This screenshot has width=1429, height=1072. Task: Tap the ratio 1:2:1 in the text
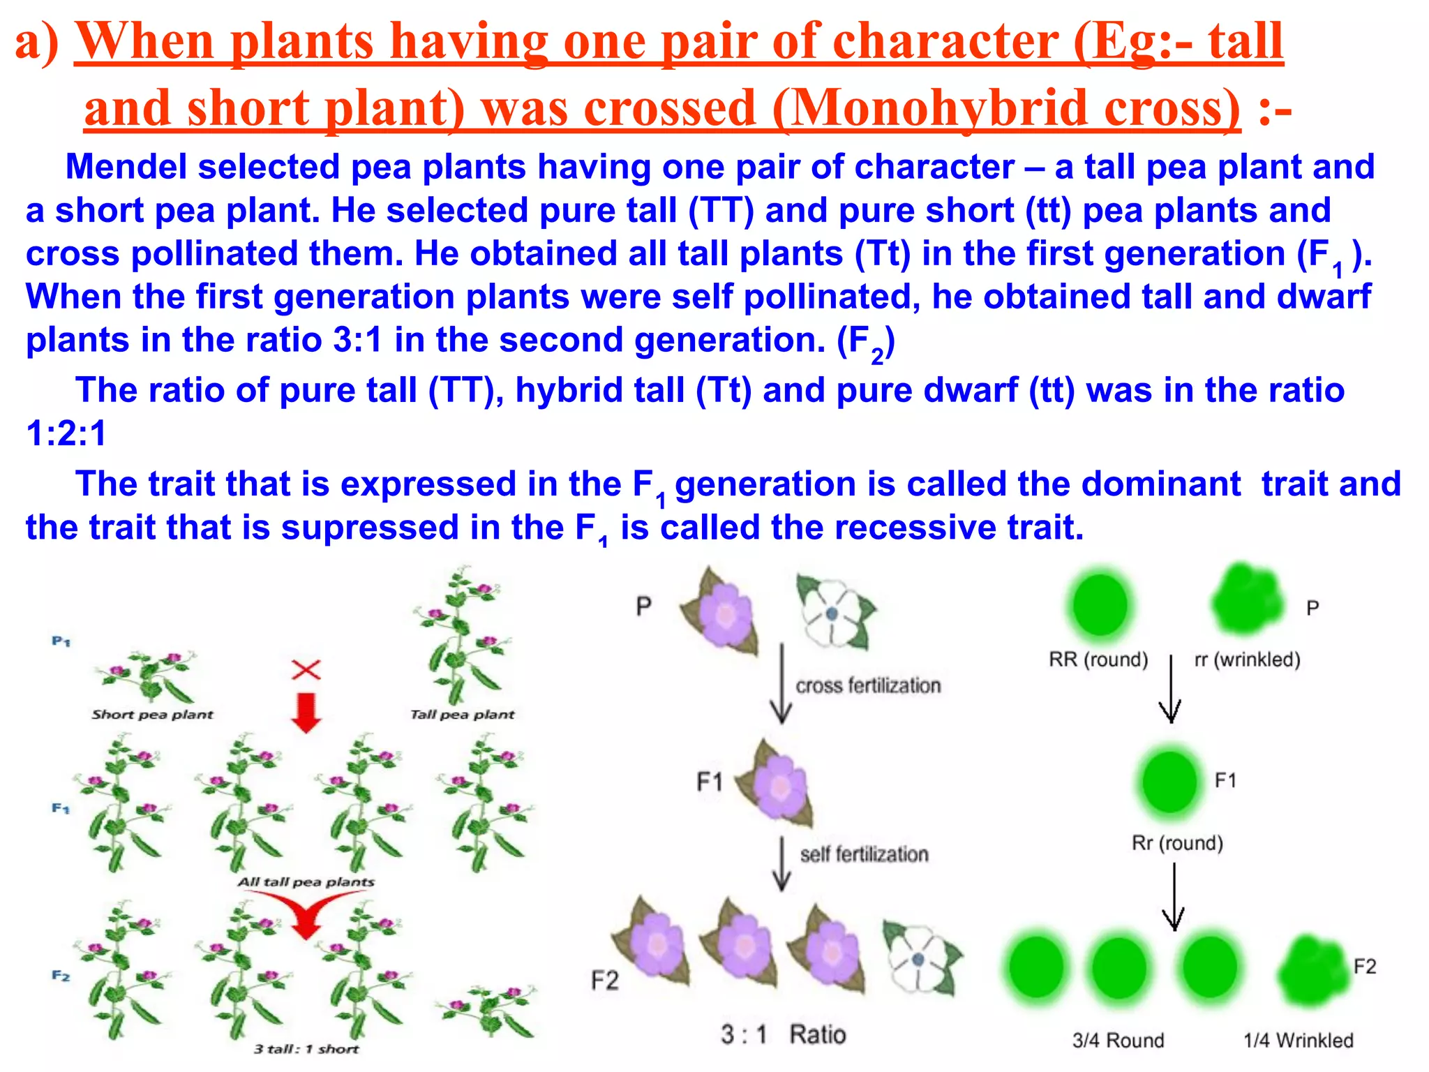coord(66,433)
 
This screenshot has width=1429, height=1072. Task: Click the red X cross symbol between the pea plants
coord(306,670)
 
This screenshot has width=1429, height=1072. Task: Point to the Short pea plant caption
coord(152,715)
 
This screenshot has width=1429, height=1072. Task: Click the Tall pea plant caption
coord(462,715)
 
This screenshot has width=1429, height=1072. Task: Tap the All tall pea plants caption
coord(306,882)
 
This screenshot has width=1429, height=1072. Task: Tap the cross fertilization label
coord(868,686)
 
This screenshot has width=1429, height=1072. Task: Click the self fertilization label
coord(864,854)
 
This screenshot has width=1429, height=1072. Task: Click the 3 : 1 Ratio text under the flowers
coord(783,1034)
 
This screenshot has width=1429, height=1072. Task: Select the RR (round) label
coord(1098,660)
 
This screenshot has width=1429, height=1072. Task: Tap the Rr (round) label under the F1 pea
coord(1177,843)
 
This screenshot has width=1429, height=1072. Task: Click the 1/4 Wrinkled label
coord(1298,1041)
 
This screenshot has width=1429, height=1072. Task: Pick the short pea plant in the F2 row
coord(486,1012)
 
